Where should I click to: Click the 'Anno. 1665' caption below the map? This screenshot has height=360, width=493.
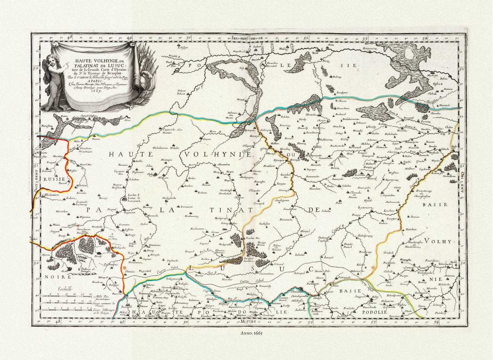pos(246,331)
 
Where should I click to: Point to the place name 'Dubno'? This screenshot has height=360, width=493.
pos(144,224)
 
